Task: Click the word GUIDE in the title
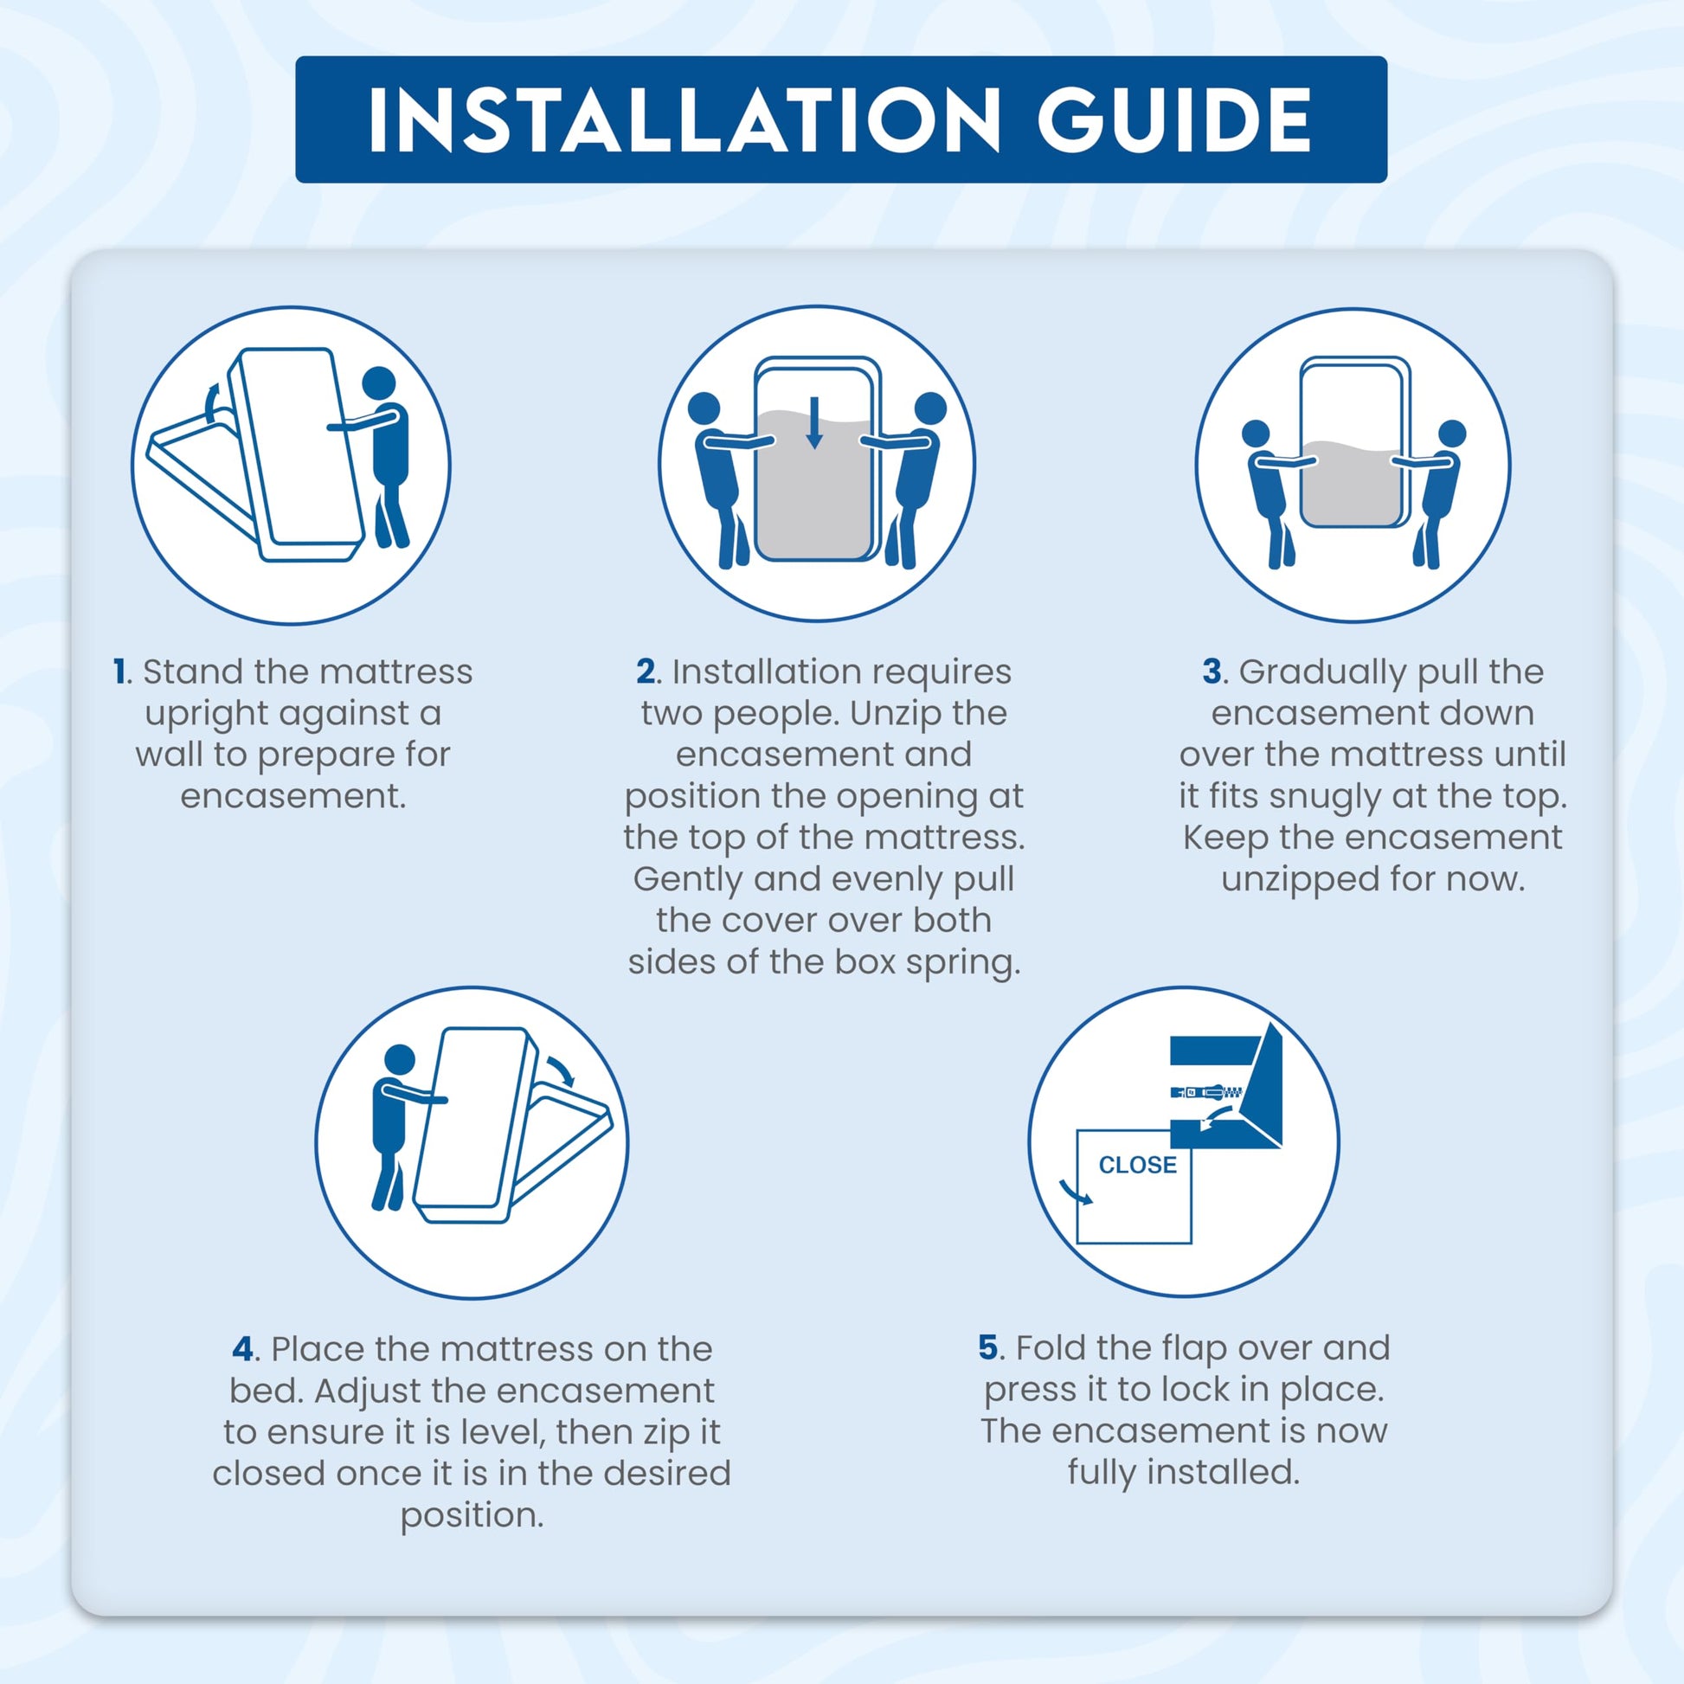point(1174,119)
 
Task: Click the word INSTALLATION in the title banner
point(685,119)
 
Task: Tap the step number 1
point(120,672)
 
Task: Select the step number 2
point(646,672)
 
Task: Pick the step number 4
point(244,1349)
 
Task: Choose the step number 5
point(988,1347)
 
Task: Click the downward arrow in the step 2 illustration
point(814,422)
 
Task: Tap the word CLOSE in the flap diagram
point(1137,1166)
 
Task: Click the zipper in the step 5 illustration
point(1207,1091)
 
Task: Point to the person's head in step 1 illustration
point(379,383)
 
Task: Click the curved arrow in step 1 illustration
point(210,404)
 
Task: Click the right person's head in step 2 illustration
point(931,408)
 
